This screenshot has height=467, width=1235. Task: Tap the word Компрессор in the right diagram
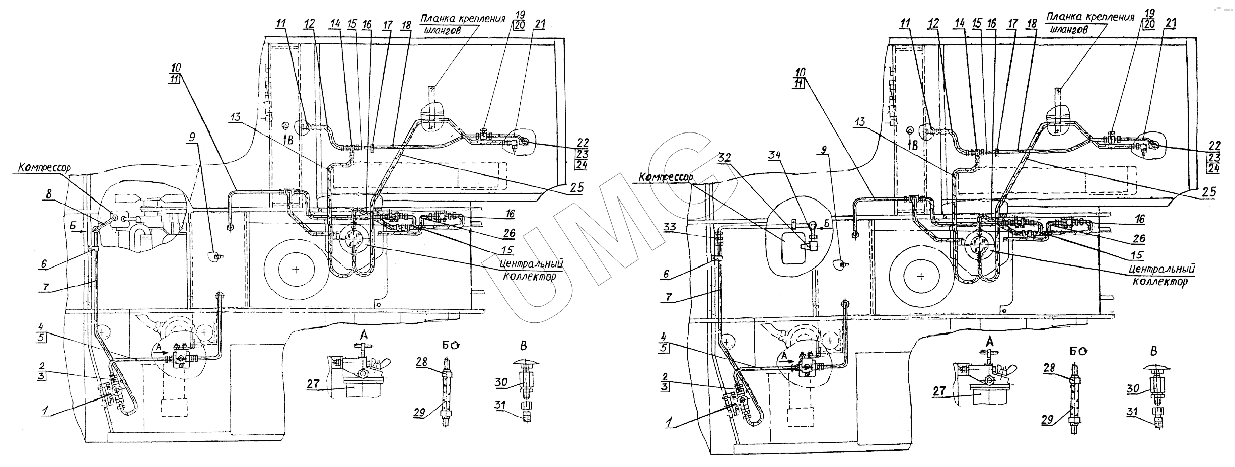pos(666,178)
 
